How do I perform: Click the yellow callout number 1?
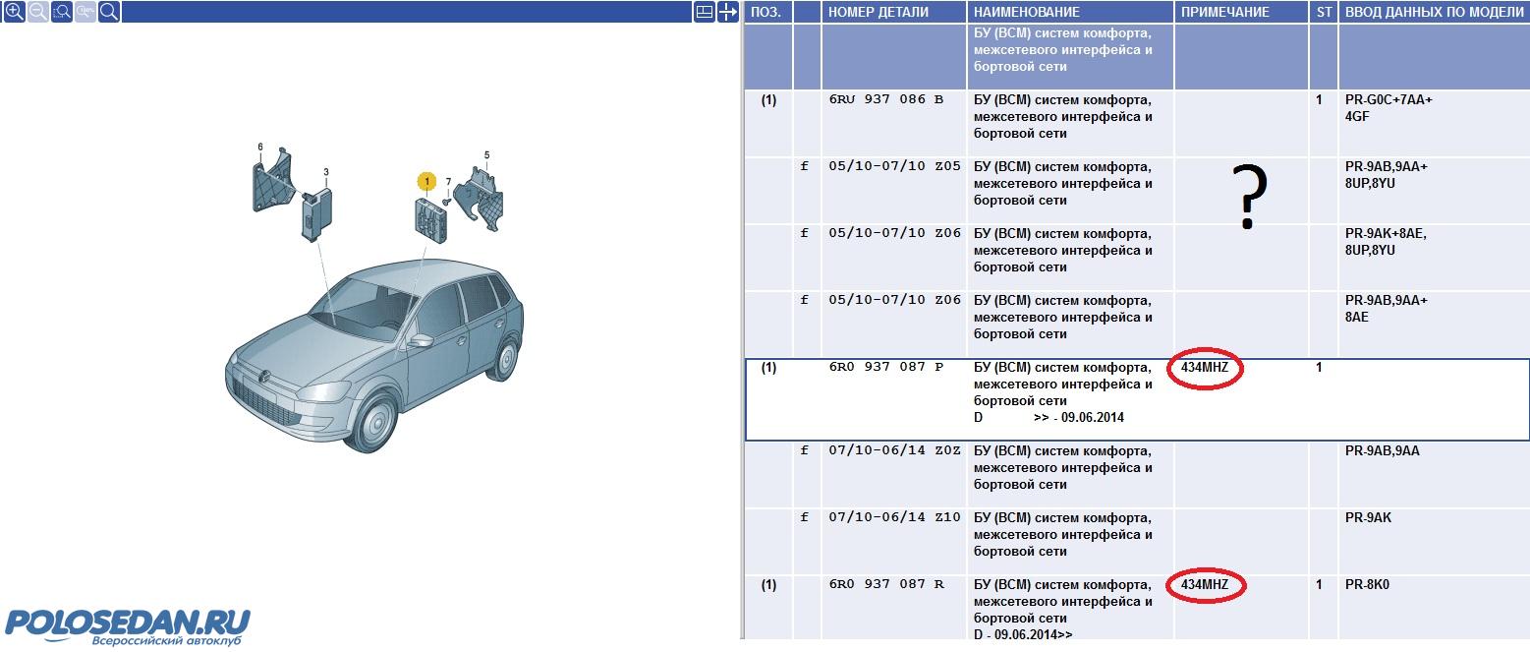point(426,181)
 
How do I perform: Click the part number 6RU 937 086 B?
point(886,99)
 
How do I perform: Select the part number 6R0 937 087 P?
point(886,367)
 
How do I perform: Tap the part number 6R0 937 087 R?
point(886,584)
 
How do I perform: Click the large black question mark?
point(1249,197)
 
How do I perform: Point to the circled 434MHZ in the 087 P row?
point(1205,368)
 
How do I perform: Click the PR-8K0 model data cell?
point(1367,585)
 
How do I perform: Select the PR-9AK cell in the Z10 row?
point(1368,518)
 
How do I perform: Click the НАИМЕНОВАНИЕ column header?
point(1027,13)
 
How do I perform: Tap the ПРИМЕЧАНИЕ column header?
point(1224,13)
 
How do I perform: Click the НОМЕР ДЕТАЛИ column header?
point(878,13)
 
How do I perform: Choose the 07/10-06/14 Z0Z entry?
point(895,451)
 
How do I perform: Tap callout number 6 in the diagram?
point(260,147)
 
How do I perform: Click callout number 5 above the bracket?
point(486,155)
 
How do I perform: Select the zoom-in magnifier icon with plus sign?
point(15,12)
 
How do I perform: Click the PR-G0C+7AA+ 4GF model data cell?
point(1388,108)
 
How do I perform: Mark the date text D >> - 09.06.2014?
point(1048,418)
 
